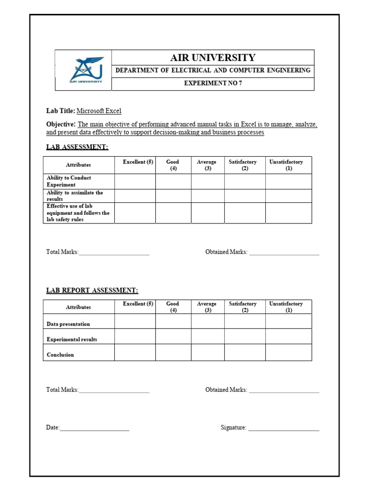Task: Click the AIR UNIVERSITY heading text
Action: pos(212,58)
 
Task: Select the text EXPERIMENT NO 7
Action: pos(213,83)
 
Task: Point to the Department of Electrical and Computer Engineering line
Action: pos(213,70)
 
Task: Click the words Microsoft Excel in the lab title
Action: pos(99,111)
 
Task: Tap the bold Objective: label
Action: pos(61,125)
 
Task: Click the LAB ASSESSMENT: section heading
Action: pos(77,147)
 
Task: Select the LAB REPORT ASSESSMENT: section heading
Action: pos(92,291)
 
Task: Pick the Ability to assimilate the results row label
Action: pos(74,196)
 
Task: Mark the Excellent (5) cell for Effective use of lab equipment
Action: pos(135,213)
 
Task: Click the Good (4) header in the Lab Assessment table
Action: pos(173,165)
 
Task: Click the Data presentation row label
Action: pos(68,324)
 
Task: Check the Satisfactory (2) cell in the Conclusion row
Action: pos(245,352)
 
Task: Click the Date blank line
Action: pos(95,428)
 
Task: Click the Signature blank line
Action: pos(284,428)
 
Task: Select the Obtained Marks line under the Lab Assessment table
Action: pos(284,253)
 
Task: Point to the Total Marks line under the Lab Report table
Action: pos(114,391)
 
